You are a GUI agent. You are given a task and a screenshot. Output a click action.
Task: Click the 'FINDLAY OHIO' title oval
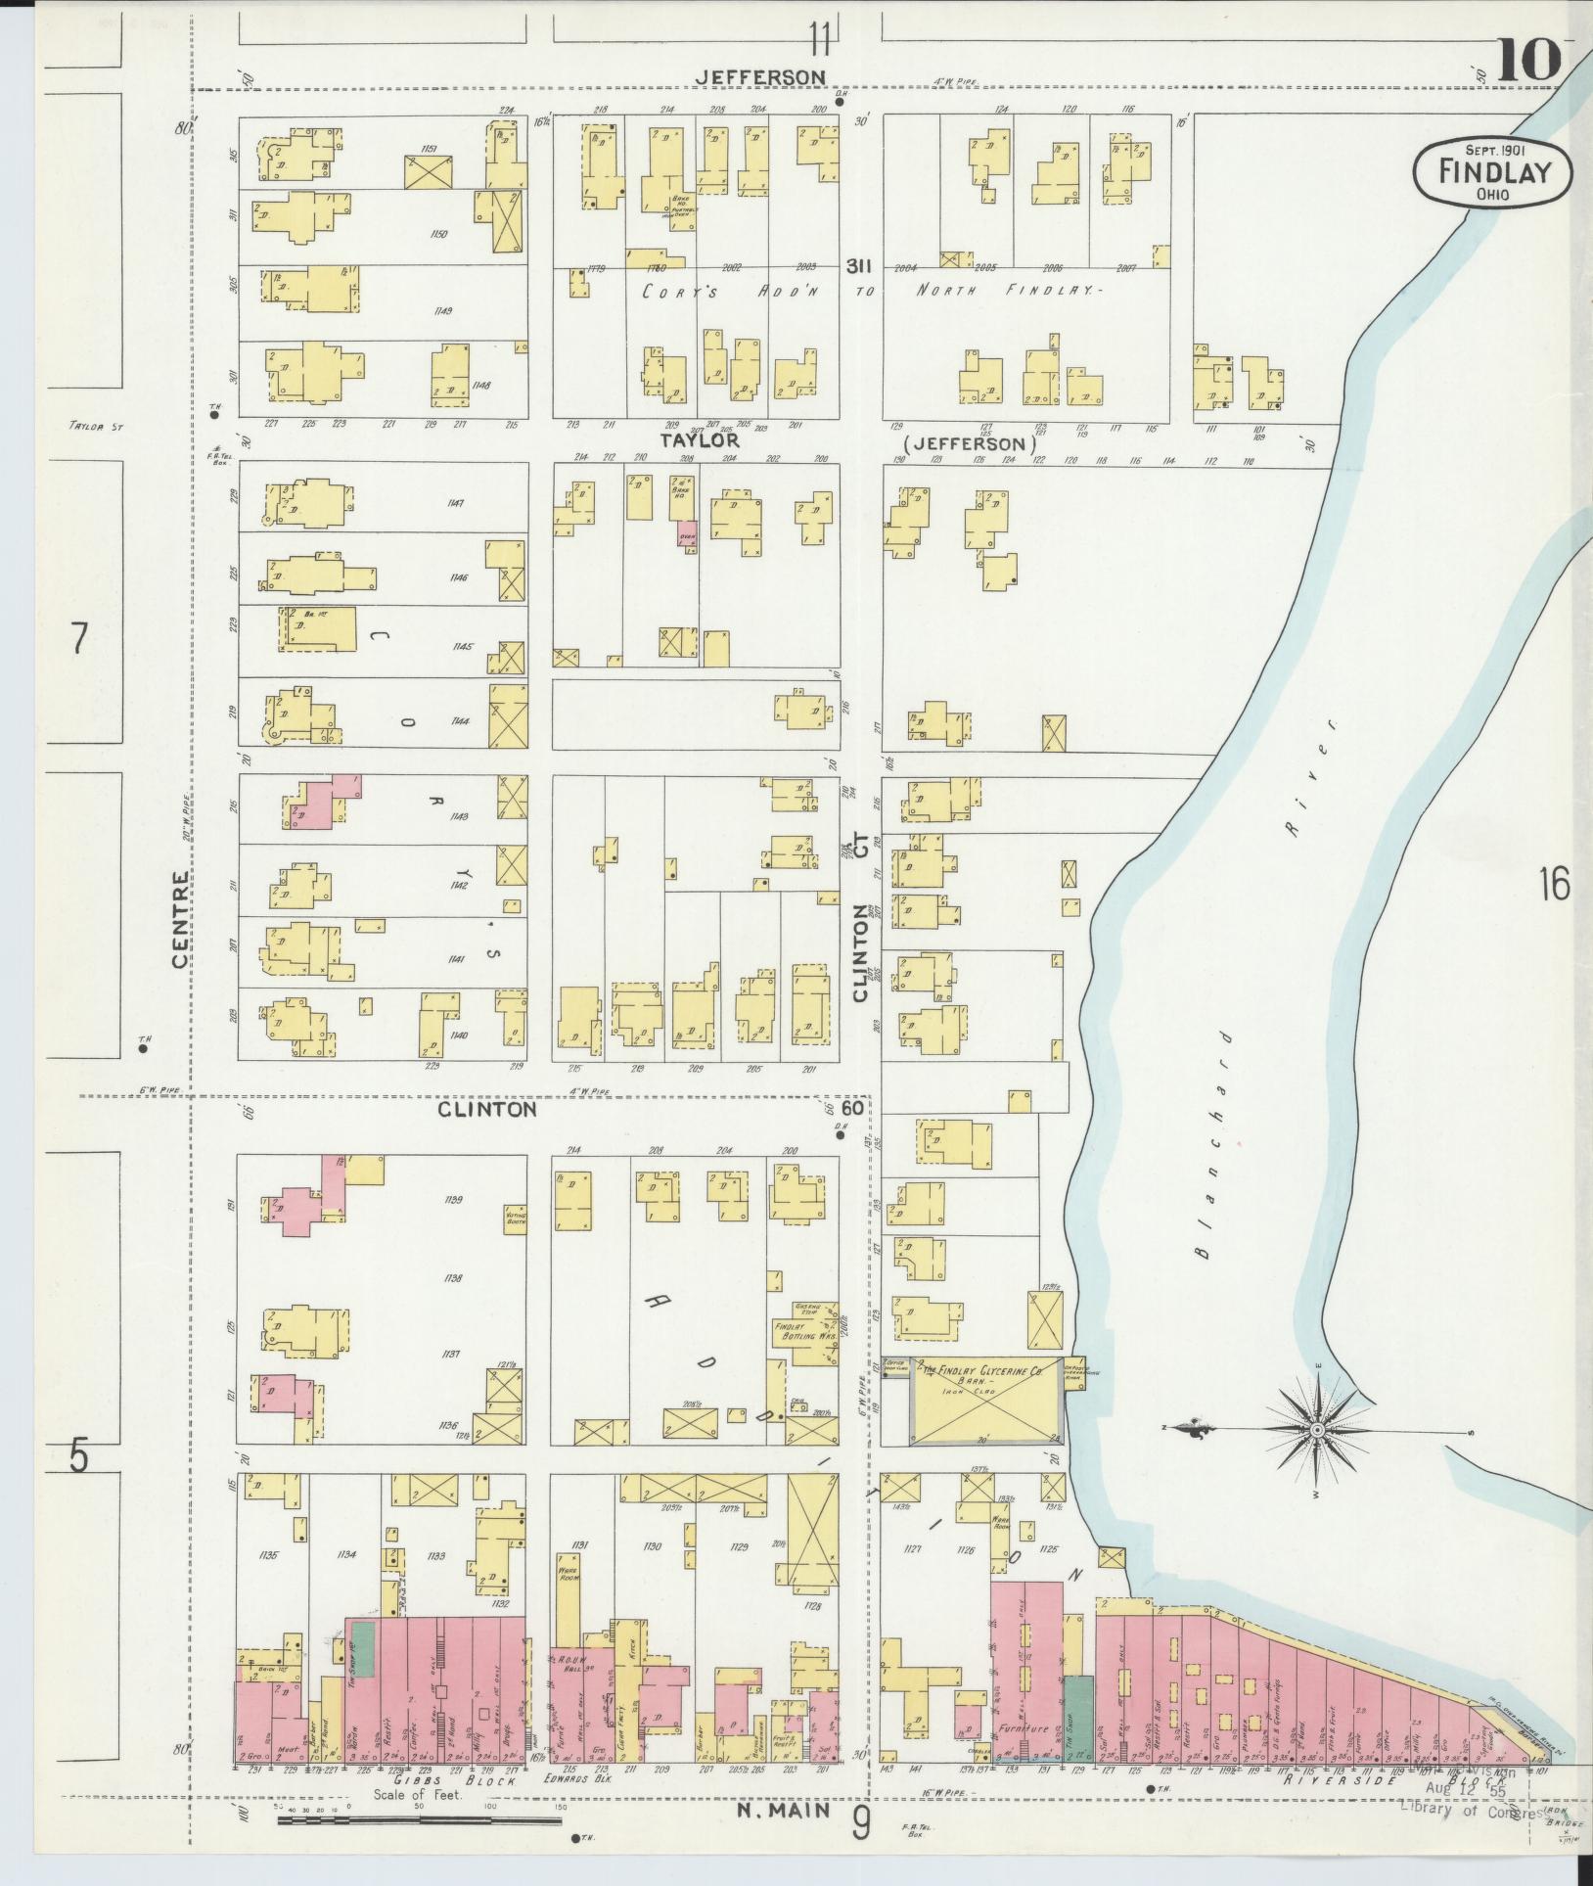(x=1493, y=172)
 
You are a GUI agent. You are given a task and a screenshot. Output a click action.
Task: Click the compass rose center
(x=1317, y=1431)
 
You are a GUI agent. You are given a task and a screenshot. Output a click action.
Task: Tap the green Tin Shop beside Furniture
(x=1077, y=1716)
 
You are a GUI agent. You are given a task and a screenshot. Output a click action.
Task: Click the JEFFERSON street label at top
(x=761, y=76)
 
